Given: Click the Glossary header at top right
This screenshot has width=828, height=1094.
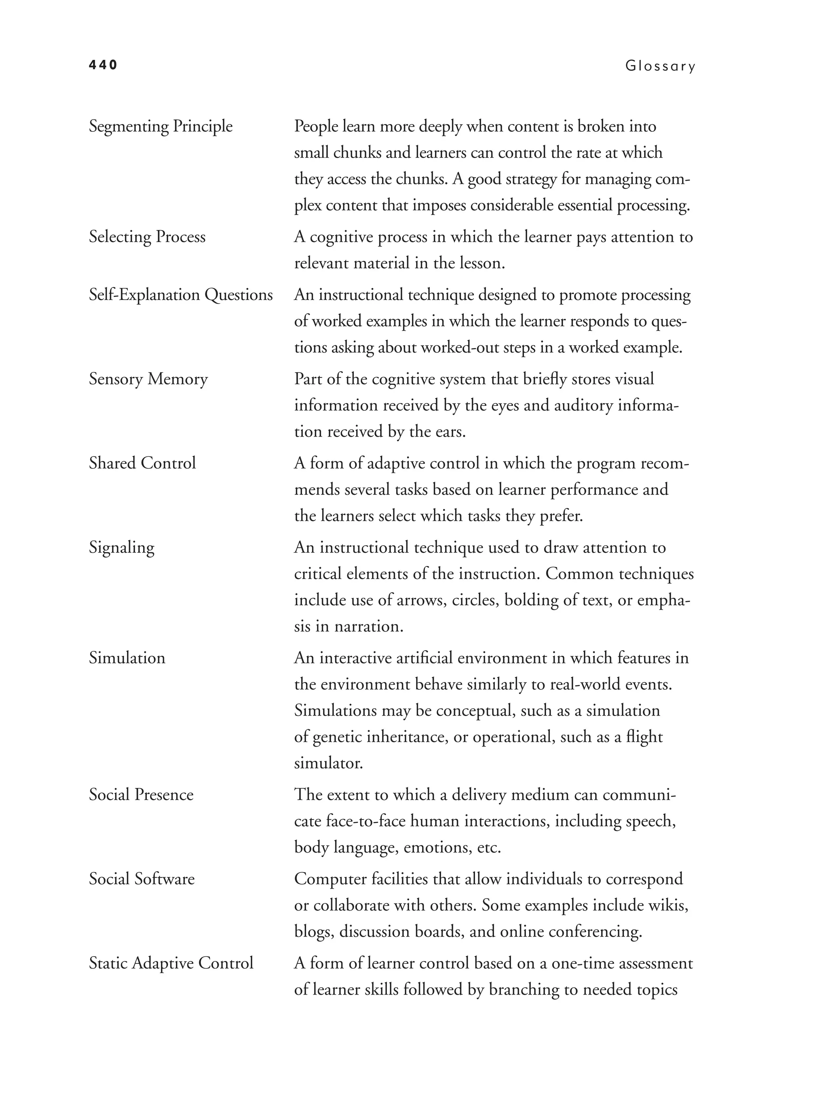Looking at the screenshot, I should [660, 66].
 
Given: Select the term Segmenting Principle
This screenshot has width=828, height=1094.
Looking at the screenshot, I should [161, 127].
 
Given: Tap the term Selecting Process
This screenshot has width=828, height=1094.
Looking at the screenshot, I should [147, 237].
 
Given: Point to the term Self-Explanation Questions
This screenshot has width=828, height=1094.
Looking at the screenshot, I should [181, 295].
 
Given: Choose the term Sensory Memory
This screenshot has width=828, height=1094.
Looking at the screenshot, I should [148, 379].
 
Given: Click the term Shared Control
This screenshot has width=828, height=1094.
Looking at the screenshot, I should [142, 463].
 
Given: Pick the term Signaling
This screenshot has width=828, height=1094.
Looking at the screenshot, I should [122, 547].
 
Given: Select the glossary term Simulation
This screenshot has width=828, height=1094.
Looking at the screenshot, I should [127, 658].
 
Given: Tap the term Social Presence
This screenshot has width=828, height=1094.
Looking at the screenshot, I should [141, 795].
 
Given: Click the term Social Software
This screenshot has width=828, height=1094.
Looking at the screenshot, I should [142, 879].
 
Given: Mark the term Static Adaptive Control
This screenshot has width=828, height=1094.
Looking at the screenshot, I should [171, 963].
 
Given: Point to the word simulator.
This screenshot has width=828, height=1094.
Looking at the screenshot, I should [328, 763].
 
